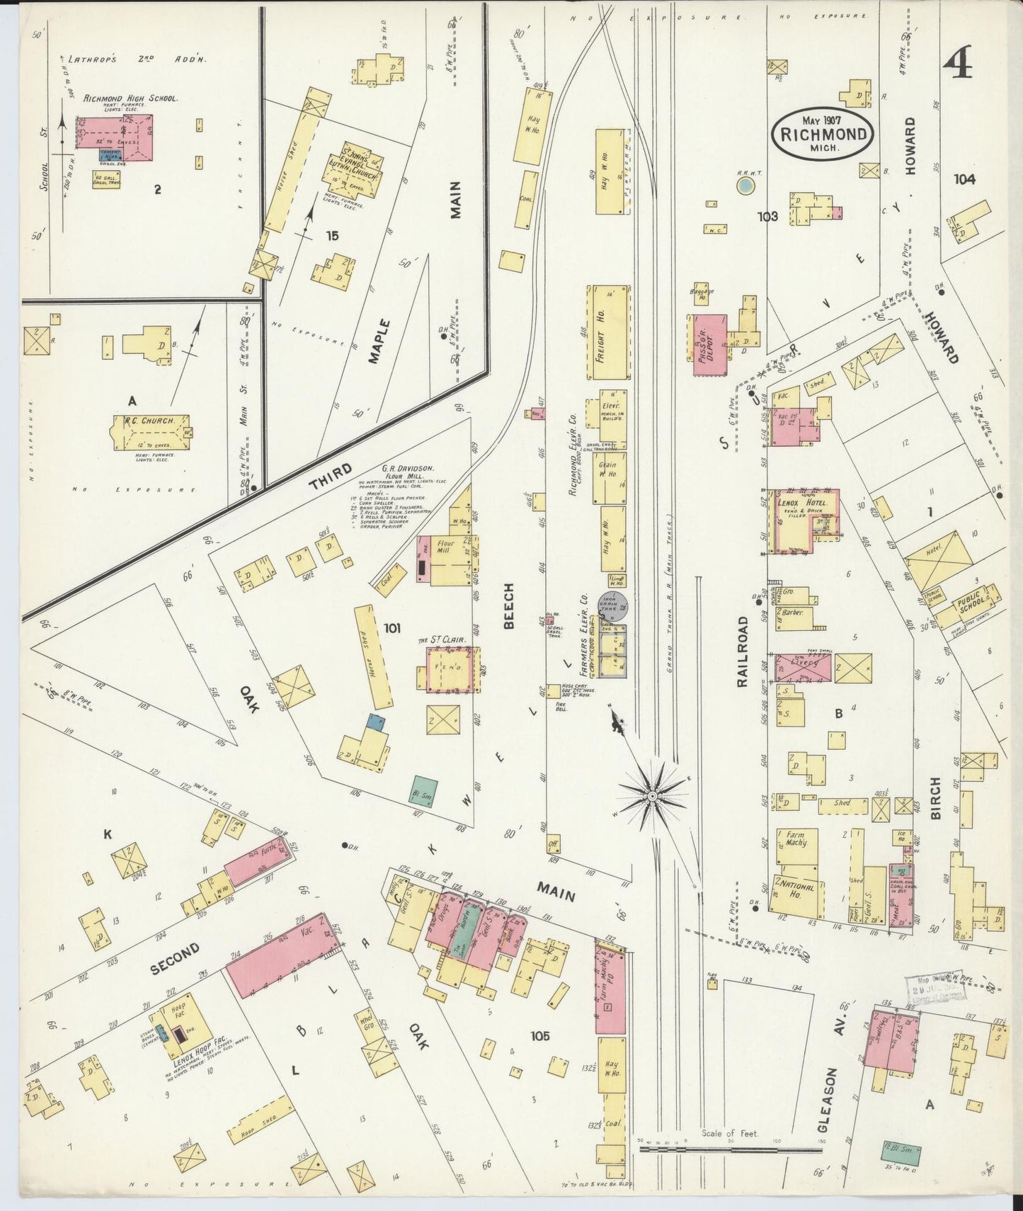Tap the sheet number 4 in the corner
coord(957,65)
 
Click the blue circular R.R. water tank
coord(745,186)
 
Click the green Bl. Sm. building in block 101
coord(424,790)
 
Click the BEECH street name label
coord(508,605)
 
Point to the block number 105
coord(539,1036)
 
